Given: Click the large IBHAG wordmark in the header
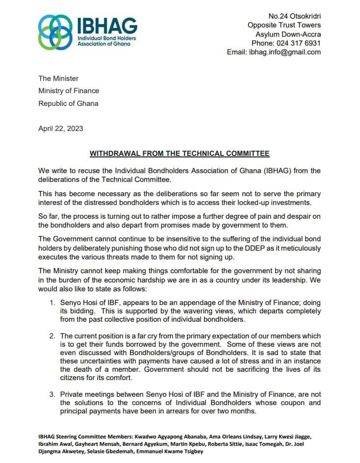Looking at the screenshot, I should click(107, 26).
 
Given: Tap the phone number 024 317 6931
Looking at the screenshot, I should click(294, 43).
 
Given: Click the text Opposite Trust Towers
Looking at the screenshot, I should click(284, 26).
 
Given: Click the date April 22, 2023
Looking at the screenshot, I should click(61, 129).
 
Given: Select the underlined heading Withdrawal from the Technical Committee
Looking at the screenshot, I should click(180, 154).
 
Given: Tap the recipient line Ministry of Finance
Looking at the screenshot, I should click(69, 91).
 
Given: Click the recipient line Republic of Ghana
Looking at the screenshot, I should click(68, 103).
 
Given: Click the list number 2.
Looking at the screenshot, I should click(52, 336).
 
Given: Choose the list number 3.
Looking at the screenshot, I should click(52, 394).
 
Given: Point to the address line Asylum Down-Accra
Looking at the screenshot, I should click(288, 34).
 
